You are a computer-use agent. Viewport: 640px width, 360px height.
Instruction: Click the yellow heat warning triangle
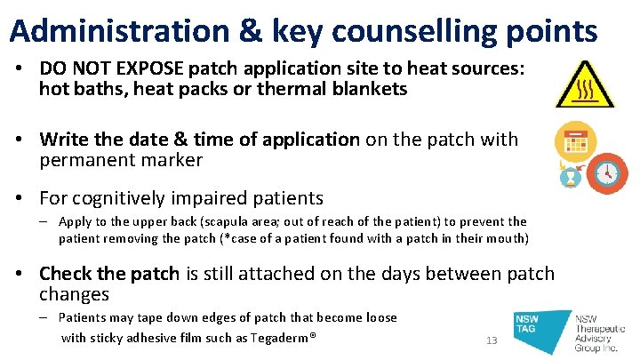[x=583, y=86]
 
